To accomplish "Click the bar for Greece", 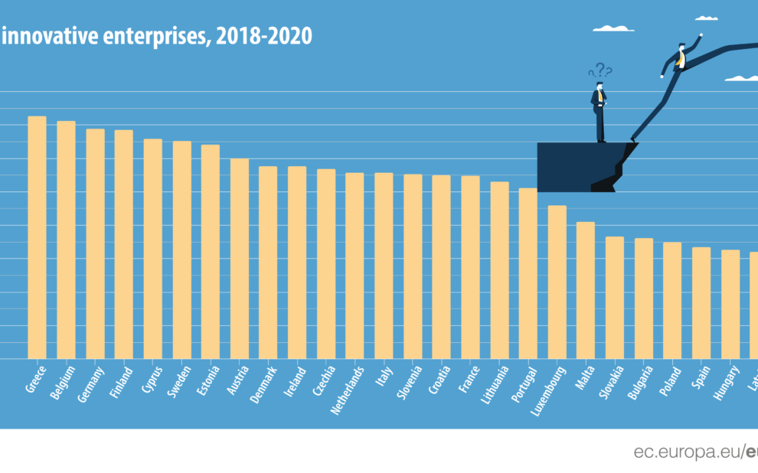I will point(37,237).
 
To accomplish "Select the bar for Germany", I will point(95,243).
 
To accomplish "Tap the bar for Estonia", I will point(211,251).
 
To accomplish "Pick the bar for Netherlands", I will point(354,266).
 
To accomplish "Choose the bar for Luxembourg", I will point(557,282).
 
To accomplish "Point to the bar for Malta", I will point(586,290).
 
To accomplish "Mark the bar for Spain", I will point(701,302).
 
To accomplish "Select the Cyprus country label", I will point(152,380).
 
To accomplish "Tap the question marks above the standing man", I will point(601,70).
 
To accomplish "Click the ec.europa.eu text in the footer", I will point(686,452).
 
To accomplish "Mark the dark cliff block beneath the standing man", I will point(574,166).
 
